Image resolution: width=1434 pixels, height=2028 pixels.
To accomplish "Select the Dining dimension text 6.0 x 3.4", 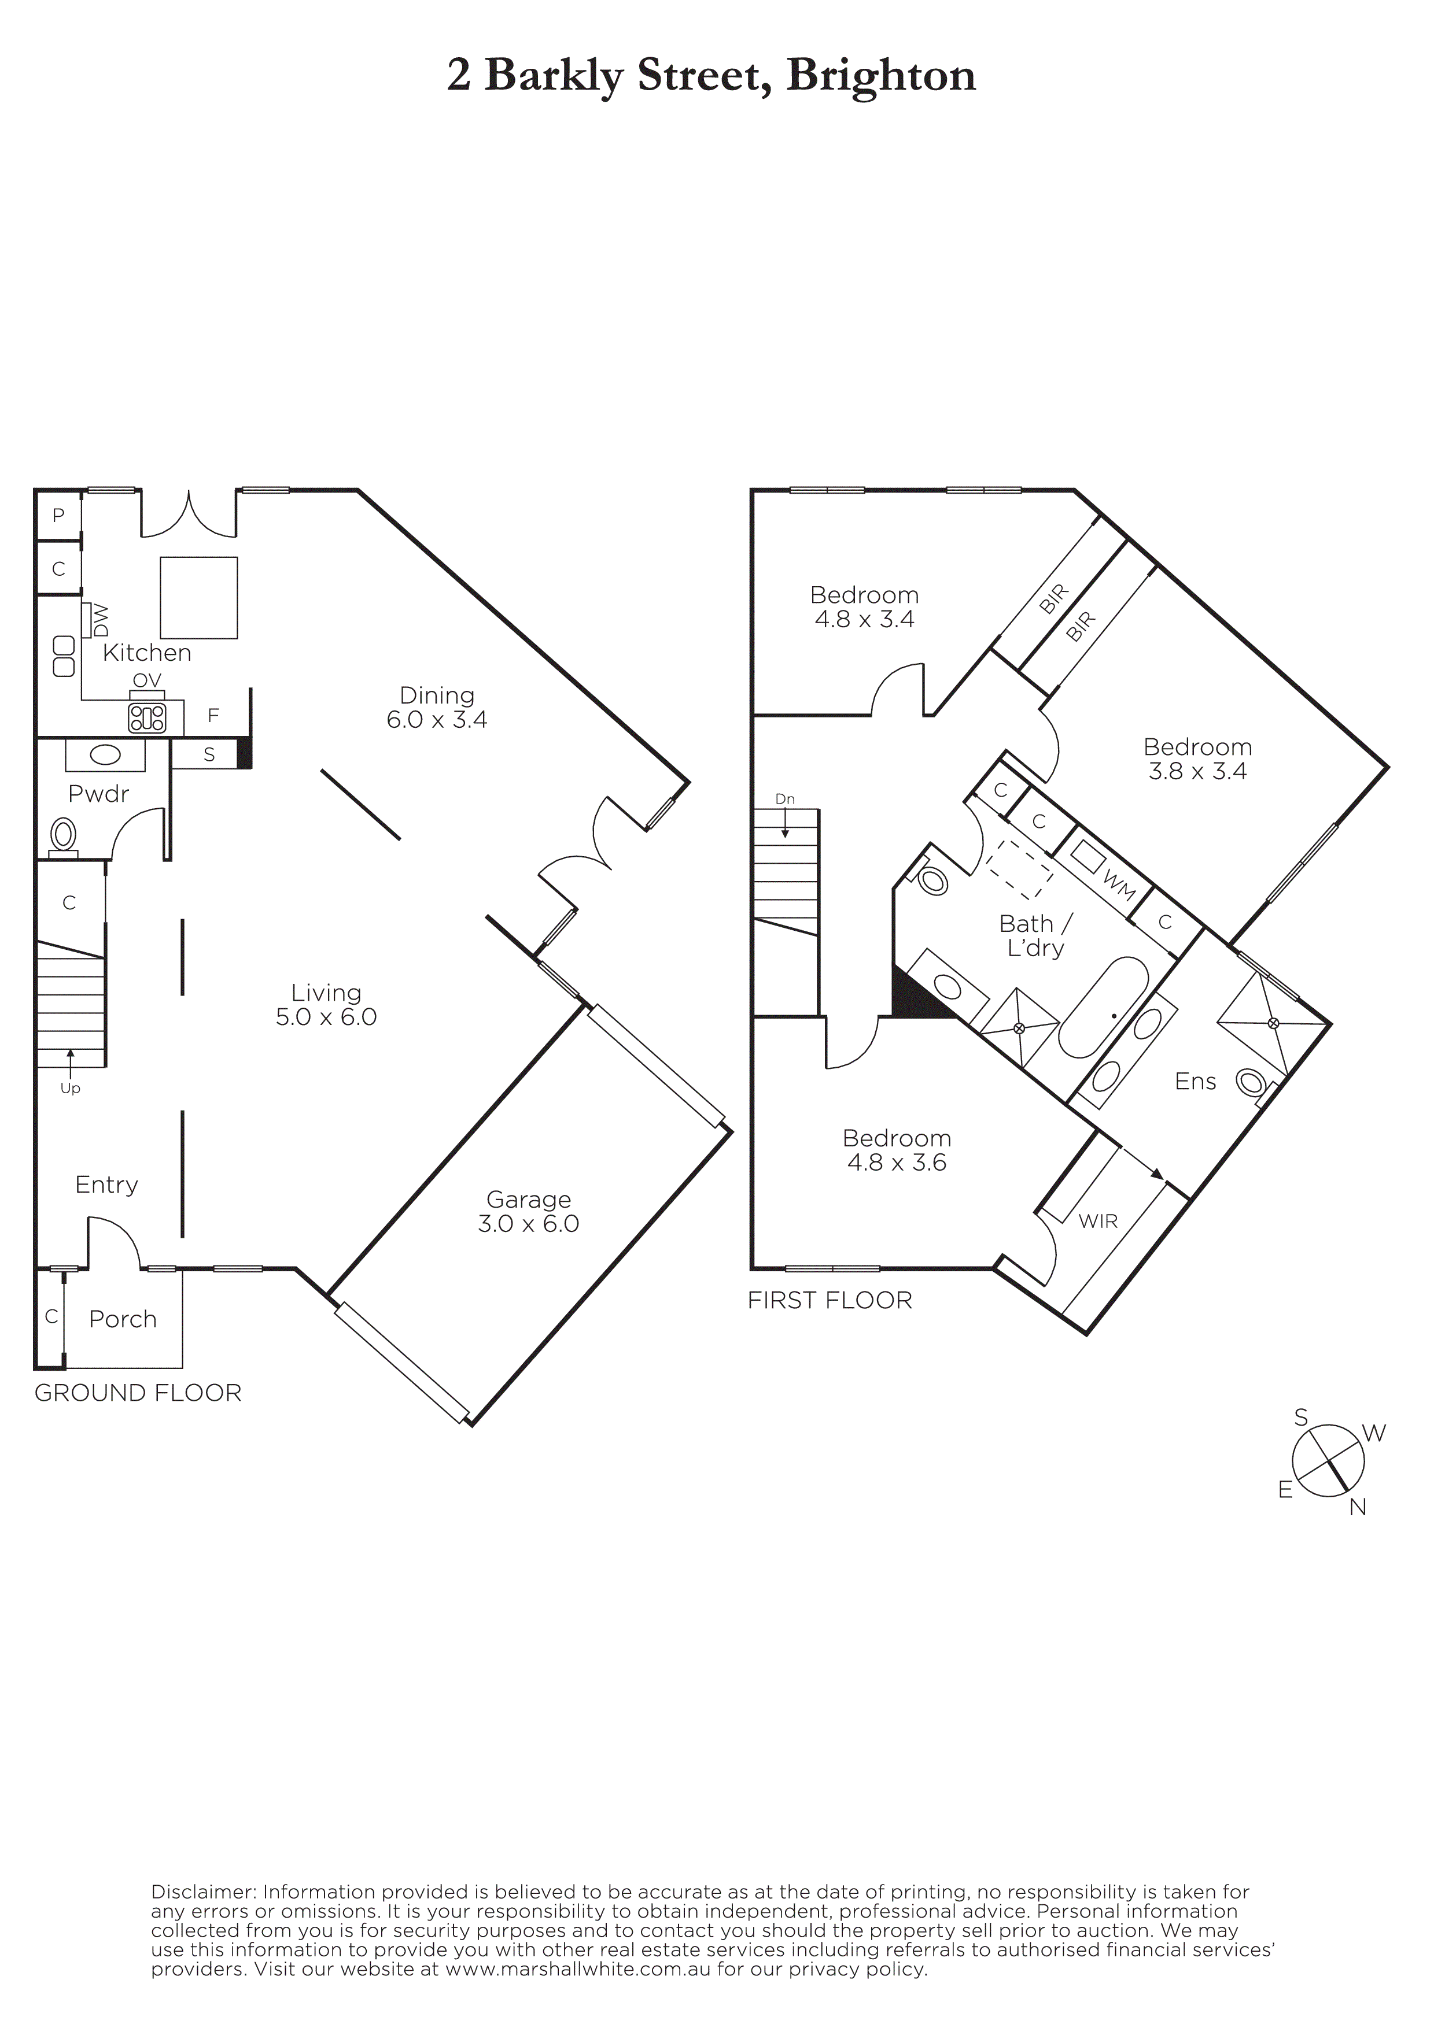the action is point(437,720).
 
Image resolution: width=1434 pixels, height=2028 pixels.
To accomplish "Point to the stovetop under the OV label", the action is point(148,717).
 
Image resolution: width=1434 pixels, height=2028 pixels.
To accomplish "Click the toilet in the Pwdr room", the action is point(62,835).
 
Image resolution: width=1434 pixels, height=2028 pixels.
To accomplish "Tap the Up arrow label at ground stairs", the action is point(70,1088).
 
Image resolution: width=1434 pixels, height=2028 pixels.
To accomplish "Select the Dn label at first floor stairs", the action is point(784,800).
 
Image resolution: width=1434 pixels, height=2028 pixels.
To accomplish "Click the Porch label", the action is point(123,1320).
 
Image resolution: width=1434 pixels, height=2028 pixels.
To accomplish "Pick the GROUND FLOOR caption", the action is point(138,1393).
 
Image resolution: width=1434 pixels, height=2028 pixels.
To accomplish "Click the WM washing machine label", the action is point(1119,884).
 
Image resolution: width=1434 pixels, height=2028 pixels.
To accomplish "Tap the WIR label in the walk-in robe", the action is point(1098,1222).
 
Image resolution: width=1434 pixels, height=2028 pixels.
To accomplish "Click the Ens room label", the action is point(1196,1082).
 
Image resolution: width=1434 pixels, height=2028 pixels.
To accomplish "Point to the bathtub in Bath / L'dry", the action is point(1104,1007).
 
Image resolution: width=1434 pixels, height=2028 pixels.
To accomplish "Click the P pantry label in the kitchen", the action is point(58,516).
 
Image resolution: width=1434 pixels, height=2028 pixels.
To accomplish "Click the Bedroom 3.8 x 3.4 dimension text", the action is point(1197,772).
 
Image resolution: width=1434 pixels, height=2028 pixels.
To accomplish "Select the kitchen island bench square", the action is point(199,597).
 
